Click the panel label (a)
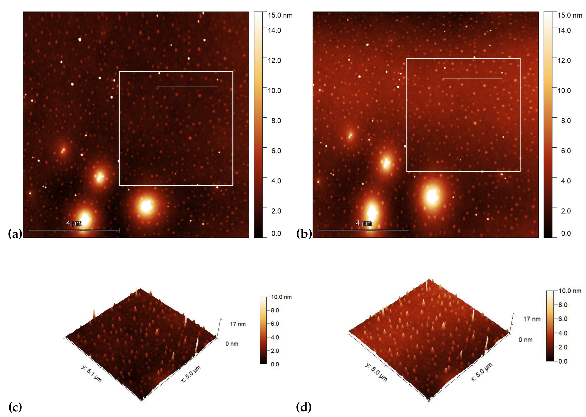point(15,234)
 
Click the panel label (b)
point(304,234)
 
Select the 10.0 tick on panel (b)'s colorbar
point(564,91)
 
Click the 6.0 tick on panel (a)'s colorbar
point(276,151)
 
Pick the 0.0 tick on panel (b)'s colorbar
point(566,233)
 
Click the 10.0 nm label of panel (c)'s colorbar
point(281,297)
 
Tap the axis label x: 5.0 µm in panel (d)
point(482,372)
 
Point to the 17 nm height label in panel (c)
point(237,324)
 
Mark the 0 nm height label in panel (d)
point(525,340)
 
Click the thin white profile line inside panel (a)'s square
point(187,86)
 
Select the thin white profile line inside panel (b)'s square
point(472,78)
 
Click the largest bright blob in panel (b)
point(432,196)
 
